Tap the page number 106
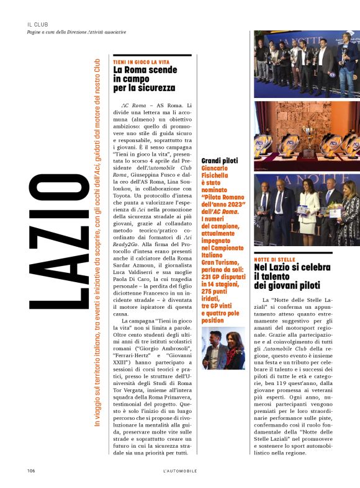30,471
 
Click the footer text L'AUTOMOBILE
180,471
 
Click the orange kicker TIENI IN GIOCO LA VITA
139,63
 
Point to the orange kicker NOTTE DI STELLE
273,259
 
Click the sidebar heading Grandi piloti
220,161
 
